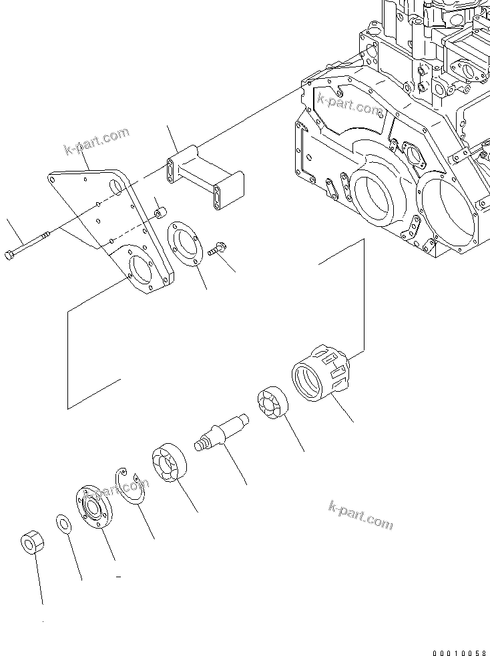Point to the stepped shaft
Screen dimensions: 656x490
point(221,432)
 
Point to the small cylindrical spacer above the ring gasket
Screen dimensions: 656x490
point(160,213)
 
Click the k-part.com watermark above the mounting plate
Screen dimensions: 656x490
point(96,142)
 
